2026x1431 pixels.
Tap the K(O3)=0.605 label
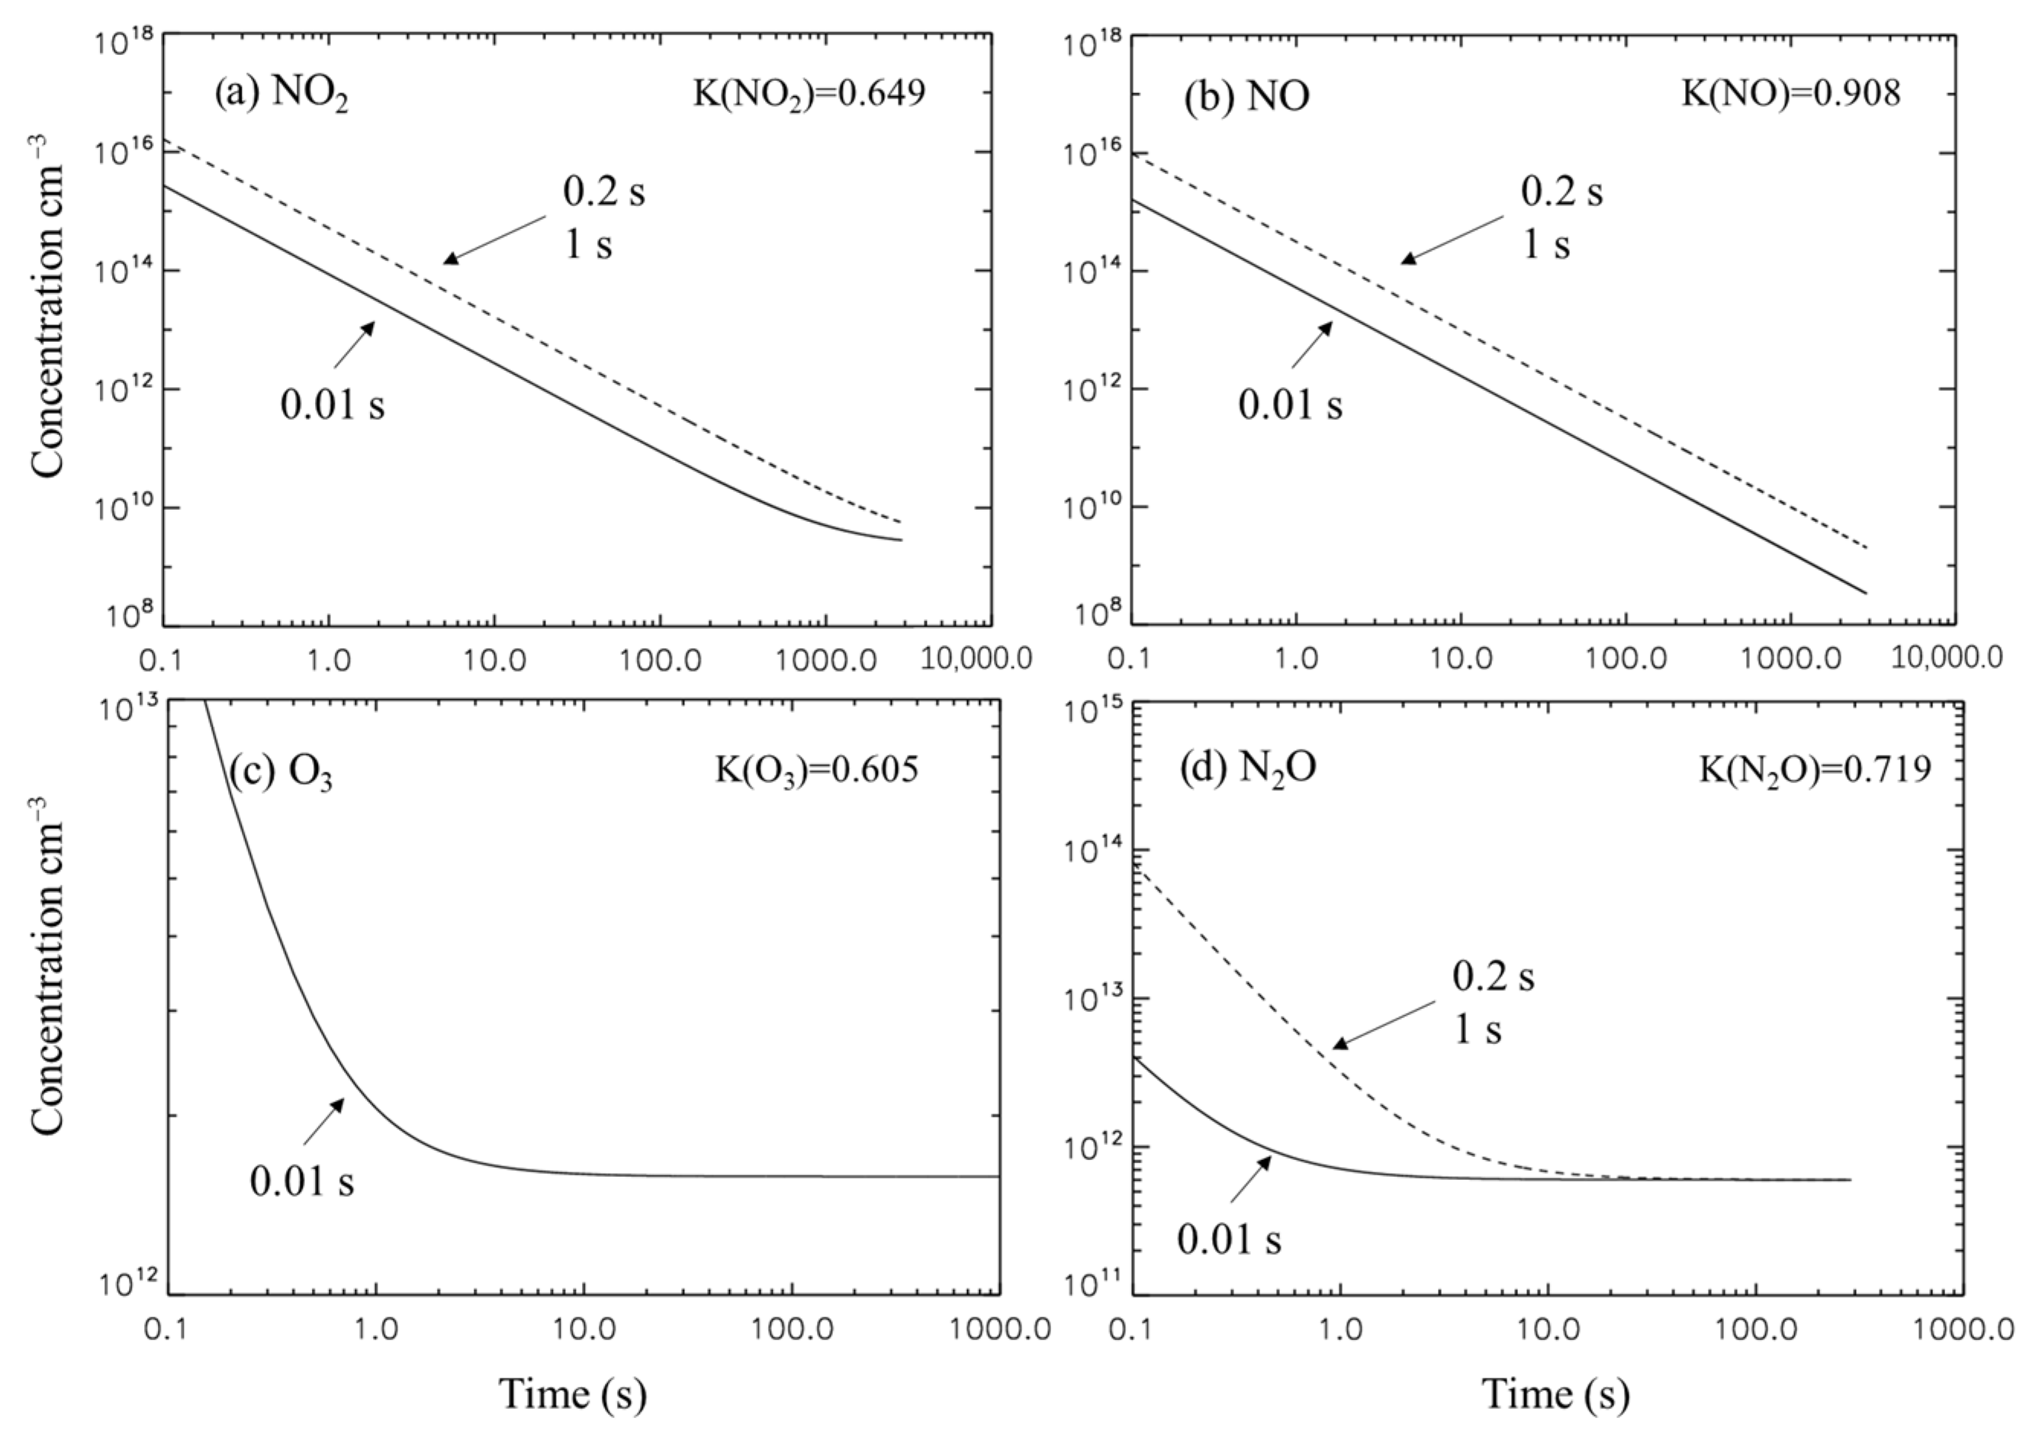815,770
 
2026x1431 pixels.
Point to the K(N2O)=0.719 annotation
1815,770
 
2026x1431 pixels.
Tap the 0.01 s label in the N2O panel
1228,1239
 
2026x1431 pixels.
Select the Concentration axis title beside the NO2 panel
49,305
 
